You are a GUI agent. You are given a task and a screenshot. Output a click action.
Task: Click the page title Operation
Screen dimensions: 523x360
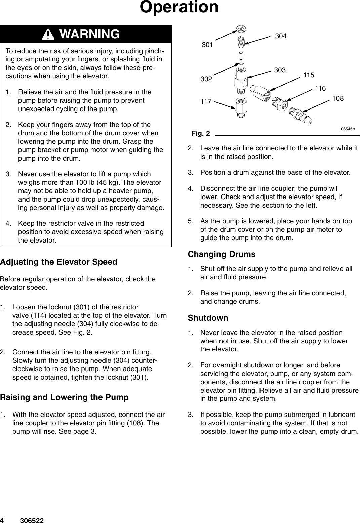coord(179,7)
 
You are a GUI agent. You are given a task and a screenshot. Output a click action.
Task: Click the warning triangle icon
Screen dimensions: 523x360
coord(50,34)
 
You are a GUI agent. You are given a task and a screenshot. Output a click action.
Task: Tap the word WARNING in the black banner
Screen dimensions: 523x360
coord(89,34)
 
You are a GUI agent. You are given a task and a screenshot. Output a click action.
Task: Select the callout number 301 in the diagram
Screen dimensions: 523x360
coord(207,44)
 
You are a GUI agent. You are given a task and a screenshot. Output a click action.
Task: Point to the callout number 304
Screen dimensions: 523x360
coord(281,36)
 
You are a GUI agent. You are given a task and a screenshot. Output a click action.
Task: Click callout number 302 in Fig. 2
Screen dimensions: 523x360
coord(206,79)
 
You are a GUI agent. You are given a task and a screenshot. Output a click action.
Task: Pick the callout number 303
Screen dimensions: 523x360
coord(280,70)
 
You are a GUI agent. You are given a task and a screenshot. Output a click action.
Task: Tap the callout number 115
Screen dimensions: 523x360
coord(309,75)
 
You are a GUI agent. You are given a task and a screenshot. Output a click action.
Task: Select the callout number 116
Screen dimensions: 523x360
coord(320,88)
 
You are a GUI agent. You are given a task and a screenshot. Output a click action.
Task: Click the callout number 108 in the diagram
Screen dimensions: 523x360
coord(337,98)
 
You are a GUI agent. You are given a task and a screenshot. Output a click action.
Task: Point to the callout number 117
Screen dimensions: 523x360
coord(206,100)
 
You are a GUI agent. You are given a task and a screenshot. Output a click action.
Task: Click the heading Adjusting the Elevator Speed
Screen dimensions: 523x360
coord(59,262)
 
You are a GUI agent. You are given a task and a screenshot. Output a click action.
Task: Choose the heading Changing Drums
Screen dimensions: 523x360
coord(222,254)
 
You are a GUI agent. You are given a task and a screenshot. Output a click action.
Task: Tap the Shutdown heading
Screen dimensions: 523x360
coord(208,318)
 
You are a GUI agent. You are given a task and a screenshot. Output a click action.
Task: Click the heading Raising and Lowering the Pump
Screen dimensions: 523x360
coord(64,398)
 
